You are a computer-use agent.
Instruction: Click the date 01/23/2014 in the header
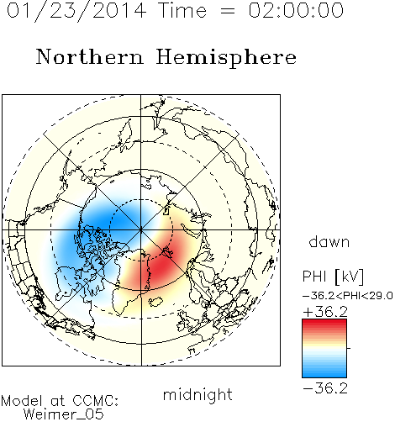tap(76, 11)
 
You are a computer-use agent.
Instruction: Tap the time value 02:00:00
tap(296, 10)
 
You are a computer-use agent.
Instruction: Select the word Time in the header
tap(182, 10)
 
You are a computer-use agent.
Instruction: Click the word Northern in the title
tap(90, 57)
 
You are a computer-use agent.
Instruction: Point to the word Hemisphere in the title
tap(226, 58)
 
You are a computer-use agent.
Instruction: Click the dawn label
tap(329, 241)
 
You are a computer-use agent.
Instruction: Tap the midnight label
tap(197, 394)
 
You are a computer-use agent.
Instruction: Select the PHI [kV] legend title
tap(333, 277)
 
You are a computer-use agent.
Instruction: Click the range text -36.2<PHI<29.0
tap(348, 296)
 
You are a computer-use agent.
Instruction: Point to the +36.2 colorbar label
tap(325, 312)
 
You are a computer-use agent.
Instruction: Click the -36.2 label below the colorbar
tap(325, 388)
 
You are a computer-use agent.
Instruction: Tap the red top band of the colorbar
tap(324, 323)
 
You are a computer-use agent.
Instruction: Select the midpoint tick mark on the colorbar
tap(349, 348)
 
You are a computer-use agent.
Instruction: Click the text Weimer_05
tap(64, 414)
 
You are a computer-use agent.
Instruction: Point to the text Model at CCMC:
tap(60, 401)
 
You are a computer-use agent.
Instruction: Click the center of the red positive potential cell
tap(161, 266)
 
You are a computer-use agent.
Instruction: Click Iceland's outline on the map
tap(155, 302)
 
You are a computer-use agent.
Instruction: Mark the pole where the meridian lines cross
tap(141, 229)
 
